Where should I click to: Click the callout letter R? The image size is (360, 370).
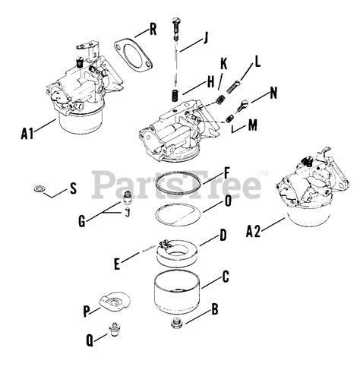click(153, 29)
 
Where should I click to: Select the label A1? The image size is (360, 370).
click(27, 134)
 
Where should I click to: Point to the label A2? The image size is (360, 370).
click(253, 231)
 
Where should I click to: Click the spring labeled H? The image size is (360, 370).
click(175, 96)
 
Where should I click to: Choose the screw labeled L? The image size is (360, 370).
click(232, 87)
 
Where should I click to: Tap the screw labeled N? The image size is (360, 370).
click(242, 106)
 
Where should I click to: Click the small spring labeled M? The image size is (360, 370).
click(230, 119)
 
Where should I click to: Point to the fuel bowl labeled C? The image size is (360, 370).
click(177, 292)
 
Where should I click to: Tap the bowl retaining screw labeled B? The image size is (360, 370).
click(177, 324)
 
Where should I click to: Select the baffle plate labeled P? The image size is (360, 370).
click(115, 301)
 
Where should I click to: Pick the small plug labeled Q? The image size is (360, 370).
click(115, 330)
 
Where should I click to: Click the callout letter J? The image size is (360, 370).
click(206, 38)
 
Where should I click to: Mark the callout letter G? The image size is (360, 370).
click(82, 221)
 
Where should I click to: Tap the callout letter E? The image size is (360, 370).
click(117, 264)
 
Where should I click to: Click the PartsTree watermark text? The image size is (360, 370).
click(176, 184)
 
